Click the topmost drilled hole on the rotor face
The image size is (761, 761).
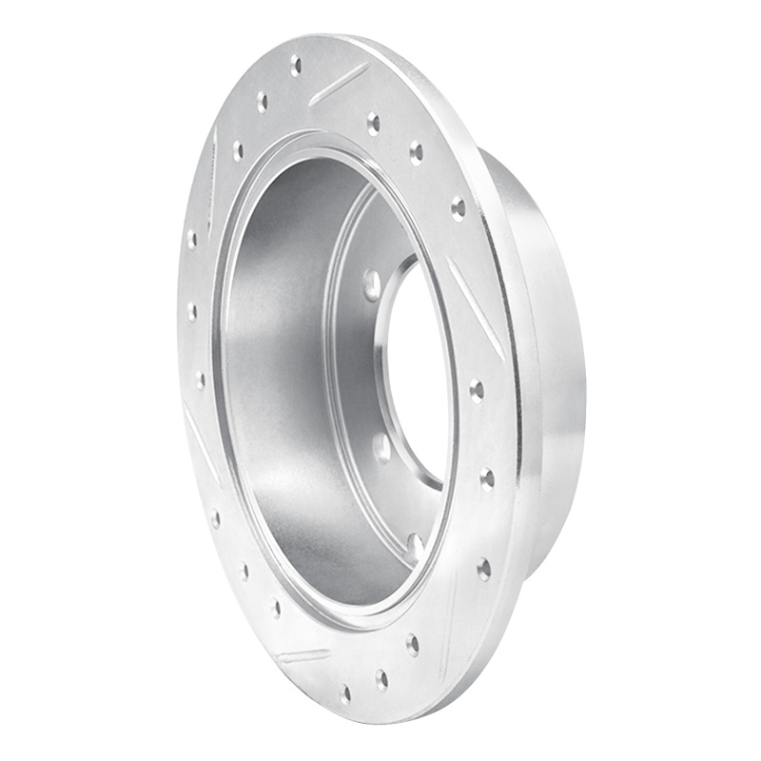pyautogui.click(x=296, y=66)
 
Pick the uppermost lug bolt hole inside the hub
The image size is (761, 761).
pyautogui.click(x=371, y=283)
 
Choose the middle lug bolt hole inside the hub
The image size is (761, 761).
pyautogui.click(x=381, y=448)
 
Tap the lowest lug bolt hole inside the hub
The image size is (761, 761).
pyautogui.click(x=415, y=546)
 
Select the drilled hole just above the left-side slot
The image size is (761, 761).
pyautogui.click(x=200, y=380)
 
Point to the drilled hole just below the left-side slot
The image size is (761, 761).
pyautogui.click(x=215, y=519)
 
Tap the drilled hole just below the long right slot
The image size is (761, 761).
pyautogui.click(x=476, y=389)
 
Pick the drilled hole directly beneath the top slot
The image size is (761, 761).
pyautogui.click(x=373, y=122)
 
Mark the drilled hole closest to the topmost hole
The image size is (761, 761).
pyautogui.click(x=262, y=101)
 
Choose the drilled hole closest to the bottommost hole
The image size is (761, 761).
pyautogui.click(x=380, y=678)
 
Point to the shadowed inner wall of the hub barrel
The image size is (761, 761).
pyautogui.click(x=285, y=380)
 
